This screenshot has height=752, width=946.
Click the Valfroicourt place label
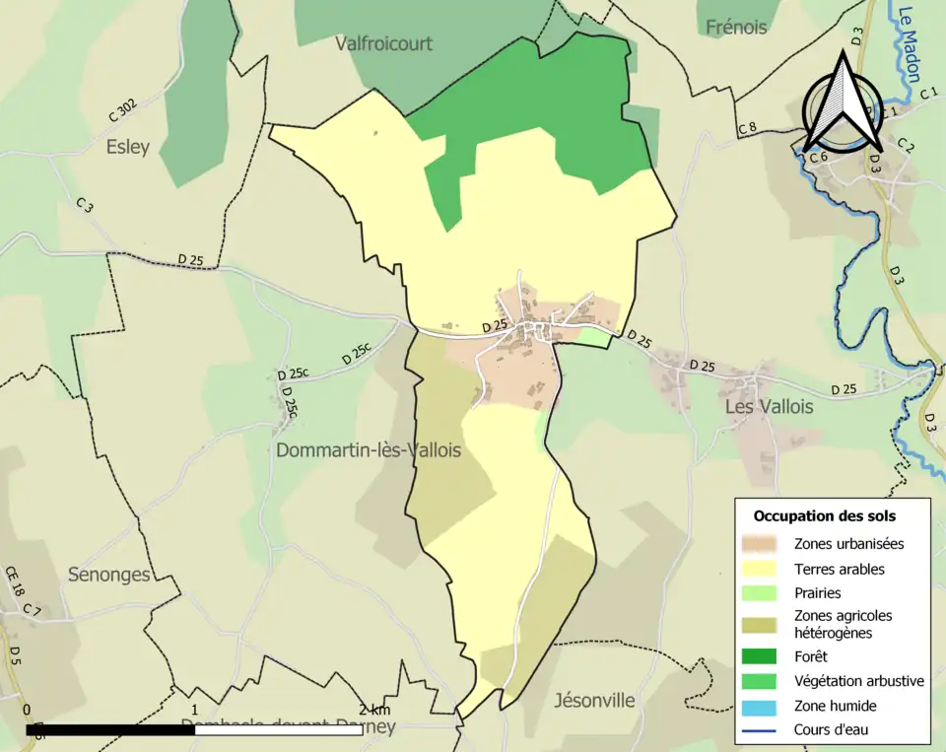(x=383, y=43)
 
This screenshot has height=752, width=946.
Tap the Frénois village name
(x=736, y=28)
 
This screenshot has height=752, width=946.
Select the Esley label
(x=128, y=148)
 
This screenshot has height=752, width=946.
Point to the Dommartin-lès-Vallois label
(x=369, y=450)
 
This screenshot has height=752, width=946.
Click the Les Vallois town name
(x=769, y=407)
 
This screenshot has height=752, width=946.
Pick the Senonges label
(x=108, y=575)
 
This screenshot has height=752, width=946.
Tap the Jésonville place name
(x=594, y=701)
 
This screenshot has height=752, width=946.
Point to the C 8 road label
(x=747, y=128)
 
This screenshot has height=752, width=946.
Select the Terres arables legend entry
(x=839, y=569)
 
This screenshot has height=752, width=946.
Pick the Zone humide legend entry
(x=835, y=706)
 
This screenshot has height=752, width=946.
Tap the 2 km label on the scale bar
(x=374, y=710)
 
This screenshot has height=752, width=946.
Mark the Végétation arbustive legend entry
(x=858, y=681)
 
